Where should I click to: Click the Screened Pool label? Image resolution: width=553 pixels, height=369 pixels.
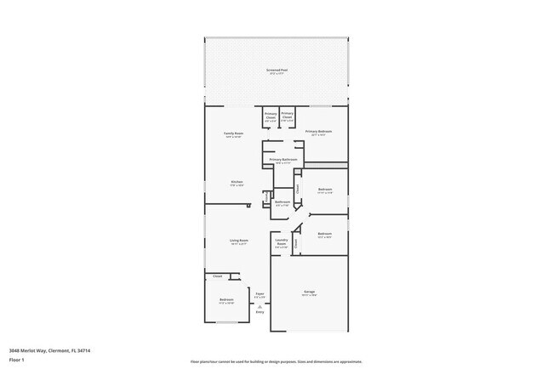click(276, 70)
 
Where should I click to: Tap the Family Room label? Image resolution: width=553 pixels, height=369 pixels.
click(234, 133)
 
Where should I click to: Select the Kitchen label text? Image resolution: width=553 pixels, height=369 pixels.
click(237, 182)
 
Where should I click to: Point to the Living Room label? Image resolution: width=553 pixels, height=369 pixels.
click(238, 241)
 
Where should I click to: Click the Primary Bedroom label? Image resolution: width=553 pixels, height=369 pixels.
click(318, 131)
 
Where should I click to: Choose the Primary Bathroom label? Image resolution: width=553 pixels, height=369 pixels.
click(283, 159)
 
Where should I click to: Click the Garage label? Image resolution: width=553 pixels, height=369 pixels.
click(310, 292)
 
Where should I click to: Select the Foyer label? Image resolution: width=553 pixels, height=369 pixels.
click(259, 294)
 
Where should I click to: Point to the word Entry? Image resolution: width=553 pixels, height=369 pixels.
click(260, 313)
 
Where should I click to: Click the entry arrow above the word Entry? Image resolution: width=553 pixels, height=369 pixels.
click(260, 305)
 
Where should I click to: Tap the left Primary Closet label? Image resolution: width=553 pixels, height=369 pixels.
click(271, 114)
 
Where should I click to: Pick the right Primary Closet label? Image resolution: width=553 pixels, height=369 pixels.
click(288, 114)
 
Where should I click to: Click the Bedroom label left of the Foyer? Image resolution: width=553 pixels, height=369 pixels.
click(227, 300)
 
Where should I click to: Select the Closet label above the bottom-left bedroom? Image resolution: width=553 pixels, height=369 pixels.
click(218, 276)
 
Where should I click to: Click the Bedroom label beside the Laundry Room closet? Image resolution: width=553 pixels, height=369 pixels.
click(324, 234)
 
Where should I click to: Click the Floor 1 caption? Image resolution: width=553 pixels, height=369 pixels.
click(16, 360)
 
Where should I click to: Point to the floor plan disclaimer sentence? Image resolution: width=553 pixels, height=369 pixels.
click(276, 360)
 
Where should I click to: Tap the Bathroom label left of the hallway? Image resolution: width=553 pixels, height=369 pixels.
click(282, 202)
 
